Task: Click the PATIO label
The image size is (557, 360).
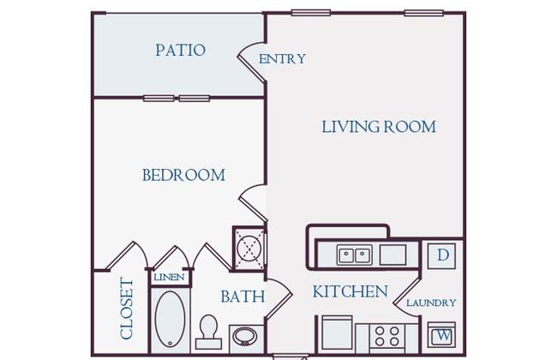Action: coord(181,50)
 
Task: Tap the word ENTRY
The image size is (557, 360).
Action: coord(282,58)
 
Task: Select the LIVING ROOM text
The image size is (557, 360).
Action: coord(379,127)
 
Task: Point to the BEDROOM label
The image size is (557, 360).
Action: coord(183,175)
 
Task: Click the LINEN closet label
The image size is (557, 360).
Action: coord(169,277)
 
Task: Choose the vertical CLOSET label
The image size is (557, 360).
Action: coord(127,308)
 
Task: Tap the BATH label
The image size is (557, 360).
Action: coord(243,297)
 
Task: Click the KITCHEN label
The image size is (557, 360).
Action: coord(350,291)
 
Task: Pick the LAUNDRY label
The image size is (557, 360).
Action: coord(431,303)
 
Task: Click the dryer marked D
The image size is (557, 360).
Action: coord(442,256)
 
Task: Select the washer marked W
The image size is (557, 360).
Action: coord(442,335)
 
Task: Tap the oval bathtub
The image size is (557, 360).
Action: coord(171,319)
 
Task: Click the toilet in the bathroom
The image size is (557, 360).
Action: coord(208,332)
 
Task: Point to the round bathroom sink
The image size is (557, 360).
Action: coord(245,336)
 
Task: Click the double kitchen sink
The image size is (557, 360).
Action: coord(355,255)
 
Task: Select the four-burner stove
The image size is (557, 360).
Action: coord(387,336)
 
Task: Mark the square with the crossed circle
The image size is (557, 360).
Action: coord(249,249)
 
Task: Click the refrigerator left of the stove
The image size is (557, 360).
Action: coord(337,333)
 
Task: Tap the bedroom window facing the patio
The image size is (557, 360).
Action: coord(177,98)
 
